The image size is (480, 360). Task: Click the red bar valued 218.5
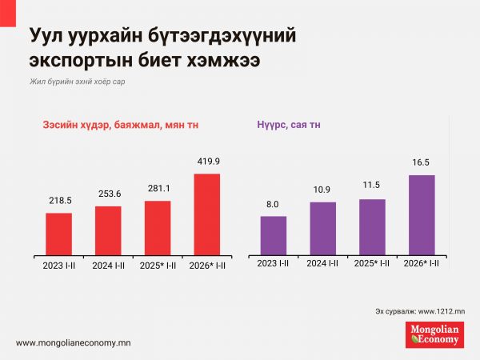coord(59,233)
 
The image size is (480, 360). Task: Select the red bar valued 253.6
coord(108,230)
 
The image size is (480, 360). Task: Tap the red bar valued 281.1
coord(158,227)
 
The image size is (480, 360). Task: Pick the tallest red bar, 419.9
coord(206,214)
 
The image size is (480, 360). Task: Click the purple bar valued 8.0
coord(274,234)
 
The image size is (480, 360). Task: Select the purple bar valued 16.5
coord(422,214)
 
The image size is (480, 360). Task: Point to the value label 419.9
coord(207,162)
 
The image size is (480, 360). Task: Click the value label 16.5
coord(422,163)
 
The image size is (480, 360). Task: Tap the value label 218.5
coord(59,202)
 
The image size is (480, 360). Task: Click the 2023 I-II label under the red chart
coord(59,263)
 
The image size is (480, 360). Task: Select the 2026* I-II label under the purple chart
coord(422,263)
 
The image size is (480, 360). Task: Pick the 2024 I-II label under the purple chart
coord(322,263)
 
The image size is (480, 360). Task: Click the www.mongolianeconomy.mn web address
coord(74,342)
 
